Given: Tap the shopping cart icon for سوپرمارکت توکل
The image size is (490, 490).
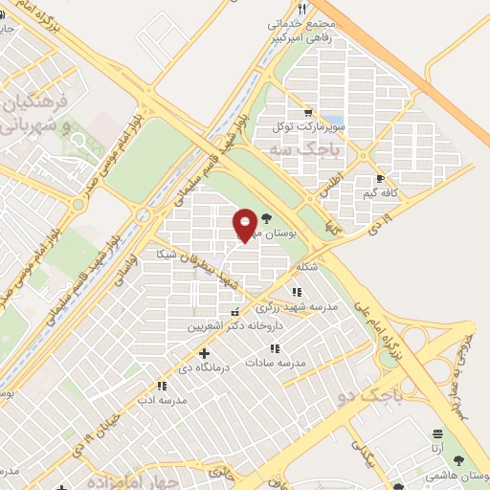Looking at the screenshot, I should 306,110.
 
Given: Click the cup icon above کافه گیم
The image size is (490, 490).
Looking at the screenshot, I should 381,178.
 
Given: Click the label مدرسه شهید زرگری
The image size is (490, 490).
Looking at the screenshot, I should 296,307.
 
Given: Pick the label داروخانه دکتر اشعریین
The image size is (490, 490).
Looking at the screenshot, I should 223,326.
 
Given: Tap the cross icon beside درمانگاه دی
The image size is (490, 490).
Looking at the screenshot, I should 204,354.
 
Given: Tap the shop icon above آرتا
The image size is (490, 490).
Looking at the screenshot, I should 438,434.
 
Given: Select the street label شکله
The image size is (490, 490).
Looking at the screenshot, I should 306,266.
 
